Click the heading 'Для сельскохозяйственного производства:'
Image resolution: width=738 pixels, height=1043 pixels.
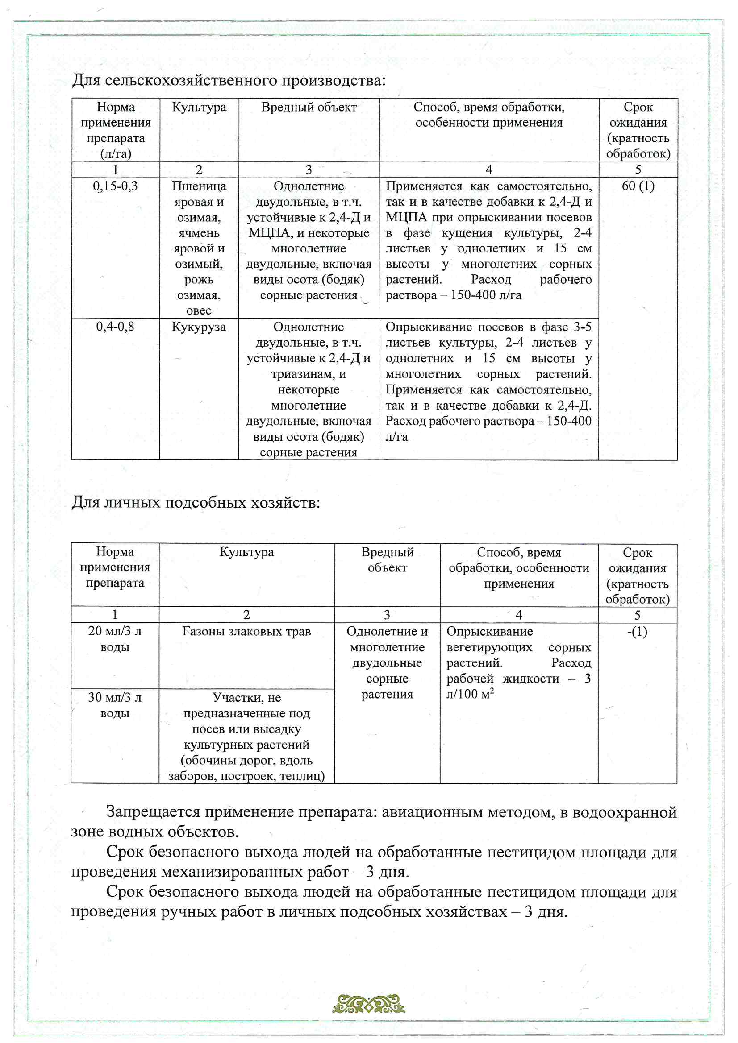pos(229,80)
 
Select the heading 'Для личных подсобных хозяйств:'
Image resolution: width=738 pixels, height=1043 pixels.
pos(196,502)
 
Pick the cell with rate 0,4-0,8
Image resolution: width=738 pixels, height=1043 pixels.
pos(115,327)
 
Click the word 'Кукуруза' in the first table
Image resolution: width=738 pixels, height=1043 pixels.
pos(199,327)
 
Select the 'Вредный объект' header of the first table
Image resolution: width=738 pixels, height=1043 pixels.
pos(309,107)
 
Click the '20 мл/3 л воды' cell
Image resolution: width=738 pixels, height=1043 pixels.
pos(115,639)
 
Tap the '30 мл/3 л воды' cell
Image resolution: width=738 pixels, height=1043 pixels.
pos(115,705)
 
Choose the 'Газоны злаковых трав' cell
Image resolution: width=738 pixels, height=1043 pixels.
pos(246,631)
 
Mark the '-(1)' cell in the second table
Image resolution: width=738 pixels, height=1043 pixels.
pos(637,631)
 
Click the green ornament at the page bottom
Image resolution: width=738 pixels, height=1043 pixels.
pos(368,1003)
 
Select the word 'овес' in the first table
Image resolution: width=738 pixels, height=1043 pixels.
pos(199,311)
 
